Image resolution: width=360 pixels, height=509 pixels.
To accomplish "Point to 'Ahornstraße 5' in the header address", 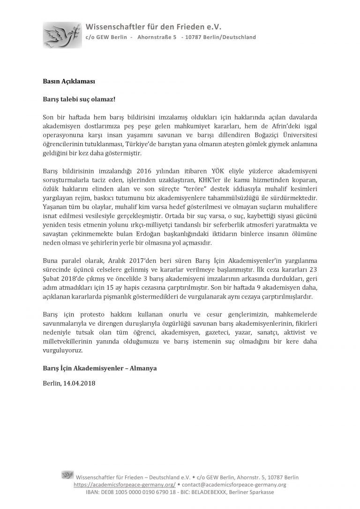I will pyautogui.click(x=157, y=37).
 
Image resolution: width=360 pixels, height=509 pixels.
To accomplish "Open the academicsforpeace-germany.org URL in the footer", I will pyautogui.click(x=125, y=484).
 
